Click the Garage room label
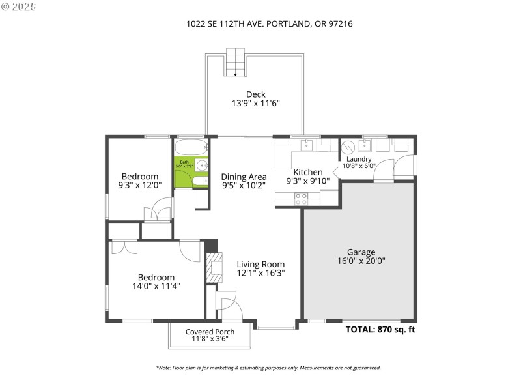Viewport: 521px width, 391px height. pos(361,252)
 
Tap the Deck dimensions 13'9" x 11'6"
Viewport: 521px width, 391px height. pos(255,103)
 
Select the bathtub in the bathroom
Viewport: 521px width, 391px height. pos(191,147)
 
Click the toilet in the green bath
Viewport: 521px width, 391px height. pos(200,181)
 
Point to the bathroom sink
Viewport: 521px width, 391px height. pos(202,165)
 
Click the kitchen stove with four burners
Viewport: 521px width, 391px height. pos(301,199)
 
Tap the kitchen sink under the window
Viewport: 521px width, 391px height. pos(306,145)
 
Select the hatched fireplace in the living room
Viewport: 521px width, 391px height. pos(214,268)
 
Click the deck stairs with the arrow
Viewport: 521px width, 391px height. pos(236,62)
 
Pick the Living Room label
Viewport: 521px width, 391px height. pos(260,264)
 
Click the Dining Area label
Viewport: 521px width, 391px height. pos(244,177)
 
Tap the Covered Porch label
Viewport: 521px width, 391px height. pos(210,332)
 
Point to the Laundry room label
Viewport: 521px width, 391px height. pos(359,159)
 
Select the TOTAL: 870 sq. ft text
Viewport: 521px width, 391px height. pos(380,330)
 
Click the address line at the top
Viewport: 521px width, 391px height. pos(269,23)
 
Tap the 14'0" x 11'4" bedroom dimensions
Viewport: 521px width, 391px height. pos(156,286)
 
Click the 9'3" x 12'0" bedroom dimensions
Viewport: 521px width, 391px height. pos(140,185)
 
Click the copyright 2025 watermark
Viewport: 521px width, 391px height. pos(19,7)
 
